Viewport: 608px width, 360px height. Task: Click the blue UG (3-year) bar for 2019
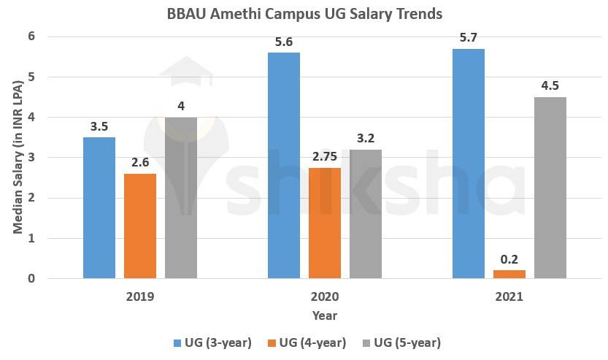pos(99,207)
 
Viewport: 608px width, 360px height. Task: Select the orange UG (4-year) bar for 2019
pos(140,226)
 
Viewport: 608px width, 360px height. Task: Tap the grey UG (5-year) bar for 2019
pos(181,197)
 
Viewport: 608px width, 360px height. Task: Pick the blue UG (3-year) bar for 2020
pos(284,165)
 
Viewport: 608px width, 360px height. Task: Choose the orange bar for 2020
pos(325,223)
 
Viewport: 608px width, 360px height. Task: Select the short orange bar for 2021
pos(509,274)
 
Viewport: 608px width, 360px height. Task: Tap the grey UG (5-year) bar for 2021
pos(550,188)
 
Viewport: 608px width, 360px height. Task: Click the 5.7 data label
pos(469,36)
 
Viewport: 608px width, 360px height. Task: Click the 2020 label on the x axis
pos(325,298)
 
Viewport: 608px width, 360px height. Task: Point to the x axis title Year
pos(325,316)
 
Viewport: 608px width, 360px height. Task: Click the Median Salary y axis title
pos(17,157)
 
